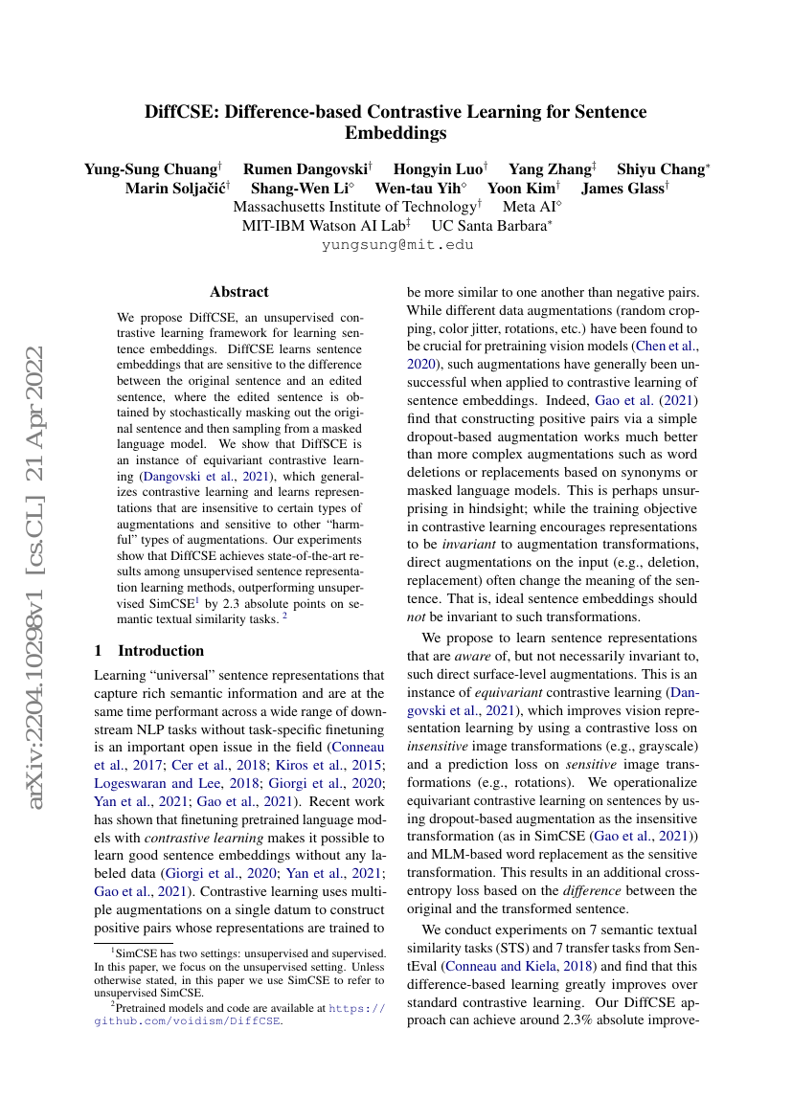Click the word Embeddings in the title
click(x=396, y=133)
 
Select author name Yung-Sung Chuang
click(x=150, y=169)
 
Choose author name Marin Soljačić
click(x=173, y=189)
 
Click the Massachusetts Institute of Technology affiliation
click(x=354, y=207)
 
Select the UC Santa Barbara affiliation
click(x=487, y=225)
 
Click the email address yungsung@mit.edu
click(x=396, y=244)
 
